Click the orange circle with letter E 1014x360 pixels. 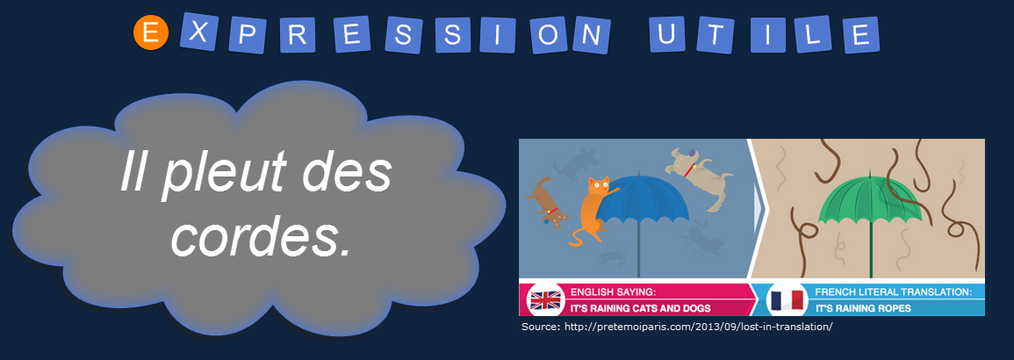tap(151, 33)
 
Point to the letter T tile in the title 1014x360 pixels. tap(713, 34)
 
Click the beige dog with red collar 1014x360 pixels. tap(699, 176)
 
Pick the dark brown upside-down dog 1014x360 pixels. tap(546, 202)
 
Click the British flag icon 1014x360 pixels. tap(545, 300)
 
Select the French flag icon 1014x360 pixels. tap(785, 300)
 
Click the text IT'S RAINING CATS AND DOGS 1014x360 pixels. tap(640, 308)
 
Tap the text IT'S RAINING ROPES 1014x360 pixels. tap(863, 308)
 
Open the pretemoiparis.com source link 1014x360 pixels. tap(698, 327)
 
